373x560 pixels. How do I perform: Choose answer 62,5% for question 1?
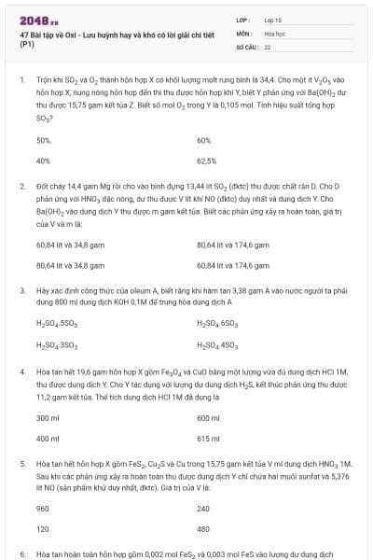(207, 160)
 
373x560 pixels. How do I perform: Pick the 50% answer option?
(43, 140)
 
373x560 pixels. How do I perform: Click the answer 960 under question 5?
(42, 509)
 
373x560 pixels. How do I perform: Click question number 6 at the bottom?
(21, 553)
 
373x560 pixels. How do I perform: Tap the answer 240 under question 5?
(203, 509)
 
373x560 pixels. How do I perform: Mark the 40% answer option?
(43, 160)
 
